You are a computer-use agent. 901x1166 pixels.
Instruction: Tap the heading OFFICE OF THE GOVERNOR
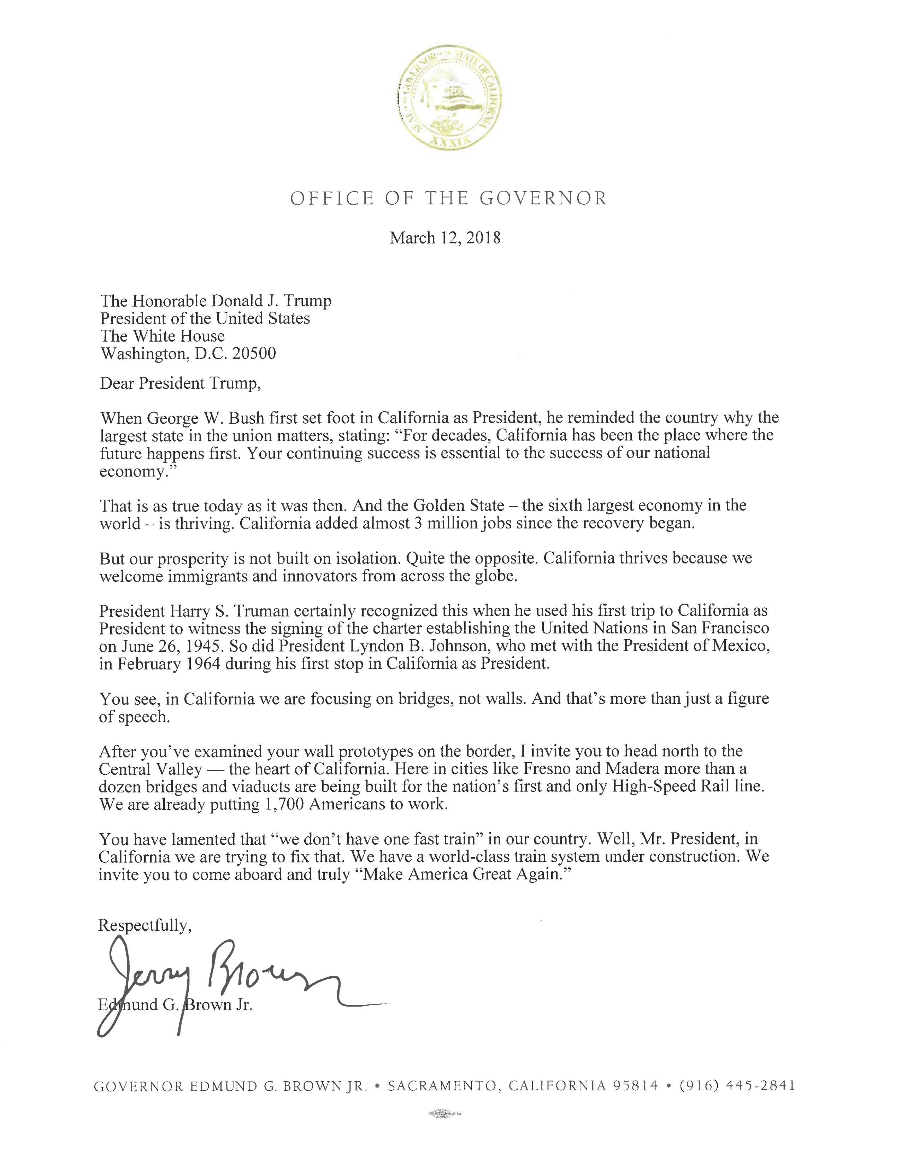click(x=448, y=199)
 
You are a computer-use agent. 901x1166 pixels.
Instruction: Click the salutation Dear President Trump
click(x=180, y=383)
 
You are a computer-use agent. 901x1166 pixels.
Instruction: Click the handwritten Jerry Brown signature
click(x=224, y=982)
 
